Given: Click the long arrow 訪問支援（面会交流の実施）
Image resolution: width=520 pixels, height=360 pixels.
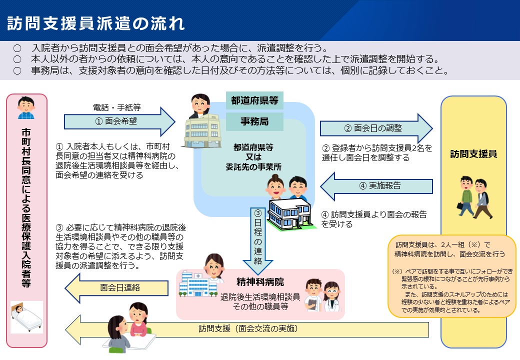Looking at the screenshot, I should click(247, 329).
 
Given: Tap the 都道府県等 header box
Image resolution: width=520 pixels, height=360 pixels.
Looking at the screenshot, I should click(254, 100).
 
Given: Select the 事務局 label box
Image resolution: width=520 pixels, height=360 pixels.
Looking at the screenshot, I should click(254, 121).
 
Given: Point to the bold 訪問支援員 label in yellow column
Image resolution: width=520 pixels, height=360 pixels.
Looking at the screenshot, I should click(473, 154).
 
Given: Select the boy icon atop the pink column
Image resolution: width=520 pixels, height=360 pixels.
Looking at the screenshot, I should click(26, 108).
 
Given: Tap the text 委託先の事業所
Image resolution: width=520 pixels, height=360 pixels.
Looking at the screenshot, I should click(253, 167).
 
